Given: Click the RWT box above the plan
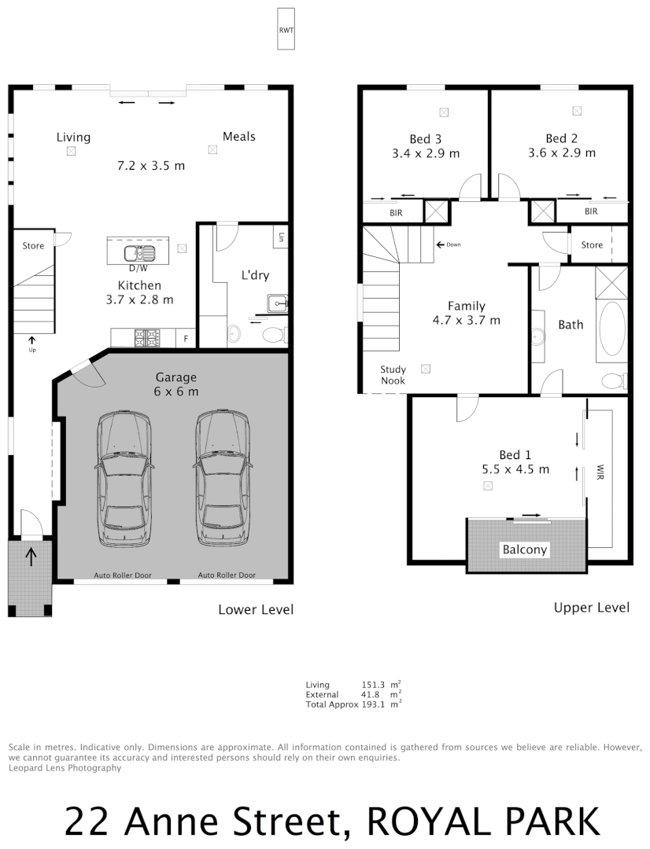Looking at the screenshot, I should (x=286, y=30).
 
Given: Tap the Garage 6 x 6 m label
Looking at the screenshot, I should (x=176, y=384).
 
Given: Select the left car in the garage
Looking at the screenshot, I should (x=124, y=479).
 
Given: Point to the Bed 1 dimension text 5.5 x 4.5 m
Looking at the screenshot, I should (x=515, y=469).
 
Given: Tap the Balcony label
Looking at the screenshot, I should (x=524, y=550).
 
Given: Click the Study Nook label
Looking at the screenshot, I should (x=393, y=374).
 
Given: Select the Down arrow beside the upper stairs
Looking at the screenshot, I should (x=448, y=244).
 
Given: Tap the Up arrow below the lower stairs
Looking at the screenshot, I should (x=32, y=343).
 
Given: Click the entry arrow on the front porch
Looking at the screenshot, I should (x=31, y=557).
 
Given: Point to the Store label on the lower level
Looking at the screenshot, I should (x=33, y=246).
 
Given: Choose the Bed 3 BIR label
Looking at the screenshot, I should (x=396, y=212).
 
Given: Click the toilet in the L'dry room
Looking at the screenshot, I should (x=272, y=336).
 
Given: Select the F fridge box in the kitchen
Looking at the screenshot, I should (x=186, y=338).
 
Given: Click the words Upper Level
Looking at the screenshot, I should (x=591, y=608).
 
